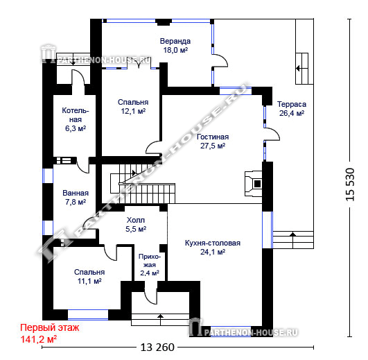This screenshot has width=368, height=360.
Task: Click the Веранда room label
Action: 175,41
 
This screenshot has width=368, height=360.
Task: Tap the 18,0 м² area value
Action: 175,50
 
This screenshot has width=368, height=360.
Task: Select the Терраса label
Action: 292,104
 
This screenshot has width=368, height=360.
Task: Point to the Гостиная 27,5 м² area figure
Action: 213,146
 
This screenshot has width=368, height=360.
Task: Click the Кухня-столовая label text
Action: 213,243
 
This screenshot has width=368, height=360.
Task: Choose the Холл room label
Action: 136,220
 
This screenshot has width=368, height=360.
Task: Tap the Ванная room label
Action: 76,193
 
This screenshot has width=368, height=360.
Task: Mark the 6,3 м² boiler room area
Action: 76,128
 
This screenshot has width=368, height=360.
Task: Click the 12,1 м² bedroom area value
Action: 133,111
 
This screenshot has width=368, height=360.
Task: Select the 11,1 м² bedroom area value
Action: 89,281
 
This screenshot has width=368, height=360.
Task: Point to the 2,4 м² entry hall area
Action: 150,273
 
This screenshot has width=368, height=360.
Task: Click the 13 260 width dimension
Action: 157,347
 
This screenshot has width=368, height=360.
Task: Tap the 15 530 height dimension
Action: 350,185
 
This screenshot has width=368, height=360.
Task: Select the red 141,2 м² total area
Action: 39,339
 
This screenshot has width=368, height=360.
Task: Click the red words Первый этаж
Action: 50,327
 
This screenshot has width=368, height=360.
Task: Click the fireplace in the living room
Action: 254,183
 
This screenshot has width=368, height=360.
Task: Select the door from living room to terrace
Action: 272,134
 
